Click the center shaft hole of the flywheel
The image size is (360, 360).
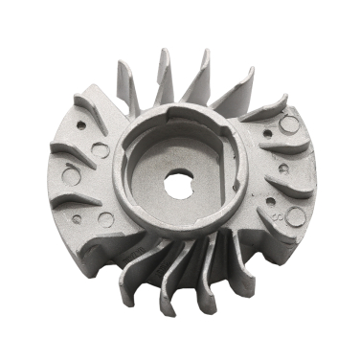coord(178,185)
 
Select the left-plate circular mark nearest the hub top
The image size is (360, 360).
coord(100,149)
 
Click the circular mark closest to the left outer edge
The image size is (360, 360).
coord(70,176)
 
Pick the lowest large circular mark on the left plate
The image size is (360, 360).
coord(105,219)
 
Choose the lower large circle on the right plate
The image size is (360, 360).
coord(295,216)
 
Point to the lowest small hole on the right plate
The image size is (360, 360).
coord(270,201)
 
